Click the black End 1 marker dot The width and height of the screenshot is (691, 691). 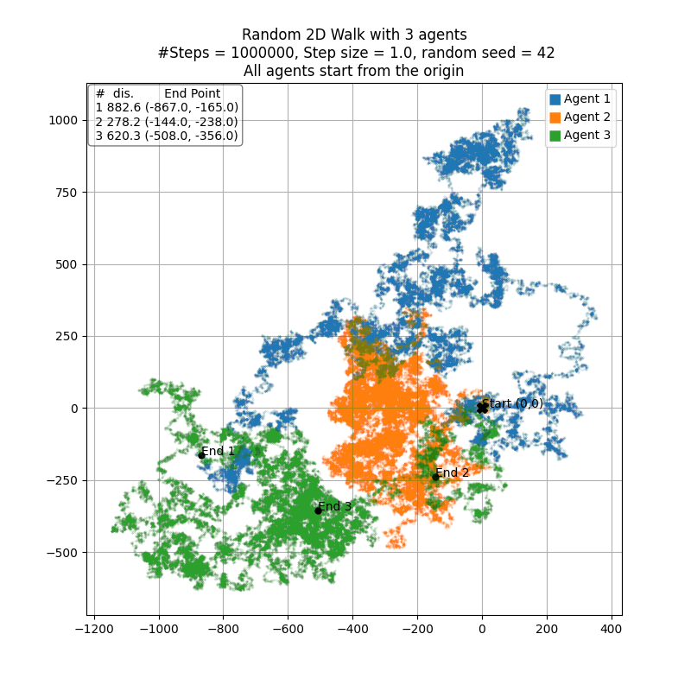201,455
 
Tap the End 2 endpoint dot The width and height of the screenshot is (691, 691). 435,477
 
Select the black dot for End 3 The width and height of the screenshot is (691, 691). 318,510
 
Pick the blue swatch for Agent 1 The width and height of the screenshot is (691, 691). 555,99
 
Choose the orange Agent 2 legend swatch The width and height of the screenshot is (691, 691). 555,117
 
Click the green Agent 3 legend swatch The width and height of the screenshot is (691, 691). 555,136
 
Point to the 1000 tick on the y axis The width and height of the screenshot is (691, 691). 63,120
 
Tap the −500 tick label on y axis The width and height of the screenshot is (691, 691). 60,553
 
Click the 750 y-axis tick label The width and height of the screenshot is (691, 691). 66,193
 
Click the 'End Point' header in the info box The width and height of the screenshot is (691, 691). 192,93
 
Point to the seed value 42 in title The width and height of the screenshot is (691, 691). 546,53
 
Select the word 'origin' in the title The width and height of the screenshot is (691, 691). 442,71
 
